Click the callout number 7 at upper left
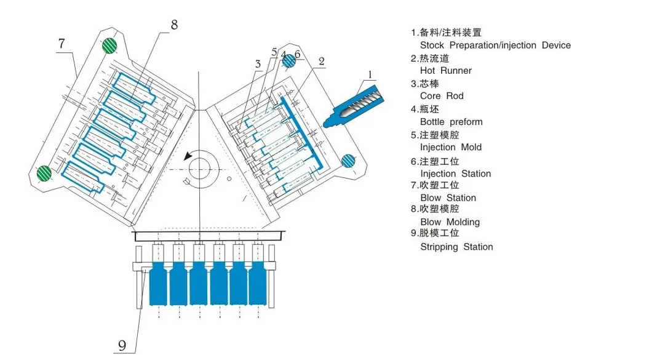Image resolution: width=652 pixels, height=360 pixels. (62, 44)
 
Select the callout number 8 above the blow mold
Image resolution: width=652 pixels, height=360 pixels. (174, 25)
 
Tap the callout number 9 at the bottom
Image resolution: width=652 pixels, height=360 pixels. (122, 345)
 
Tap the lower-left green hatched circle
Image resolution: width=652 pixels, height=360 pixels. (44, 173)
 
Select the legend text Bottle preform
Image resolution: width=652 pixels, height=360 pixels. (451, 122)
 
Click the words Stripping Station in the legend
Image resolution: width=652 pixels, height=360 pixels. (456, 247)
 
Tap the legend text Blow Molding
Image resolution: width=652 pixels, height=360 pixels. (450, 222)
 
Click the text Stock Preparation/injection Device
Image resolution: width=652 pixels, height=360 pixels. (495, 46)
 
